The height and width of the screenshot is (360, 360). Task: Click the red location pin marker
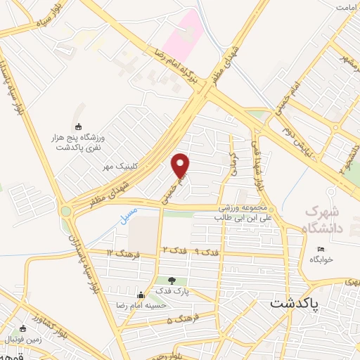point(181,165)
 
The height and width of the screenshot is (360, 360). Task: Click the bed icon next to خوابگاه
point(321,250)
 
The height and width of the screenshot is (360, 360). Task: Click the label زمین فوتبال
point(25,340)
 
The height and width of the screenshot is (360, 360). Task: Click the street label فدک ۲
point(174,250)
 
